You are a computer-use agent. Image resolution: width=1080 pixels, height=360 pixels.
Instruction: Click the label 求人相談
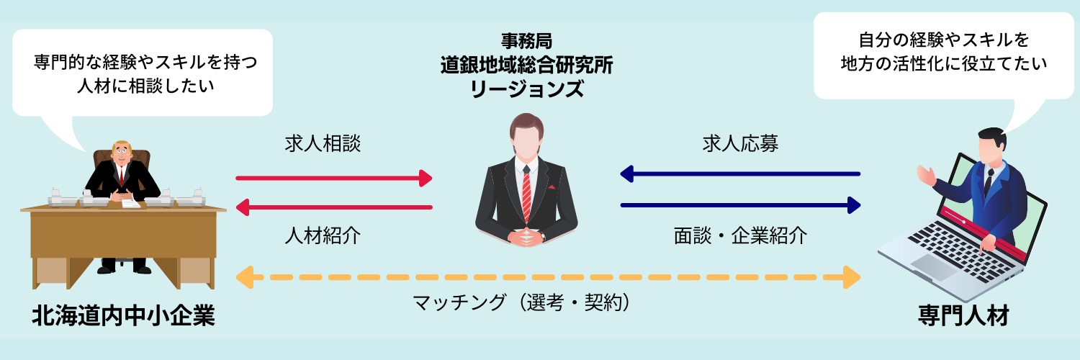[323, 144]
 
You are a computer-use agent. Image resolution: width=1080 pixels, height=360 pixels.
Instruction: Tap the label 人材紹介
[323, 235]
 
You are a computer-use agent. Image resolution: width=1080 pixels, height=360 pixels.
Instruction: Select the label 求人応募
[740, 144]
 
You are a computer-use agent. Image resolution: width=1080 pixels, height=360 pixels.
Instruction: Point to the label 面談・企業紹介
[740, 235]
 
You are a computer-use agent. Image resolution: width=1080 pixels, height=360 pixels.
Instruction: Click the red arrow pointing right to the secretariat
[334, 177]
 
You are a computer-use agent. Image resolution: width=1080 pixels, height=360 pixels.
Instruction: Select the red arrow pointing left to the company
[334, 207]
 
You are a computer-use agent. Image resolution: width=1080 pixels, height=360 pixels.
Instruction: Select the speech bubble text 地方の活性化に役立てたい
[943, 63]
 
